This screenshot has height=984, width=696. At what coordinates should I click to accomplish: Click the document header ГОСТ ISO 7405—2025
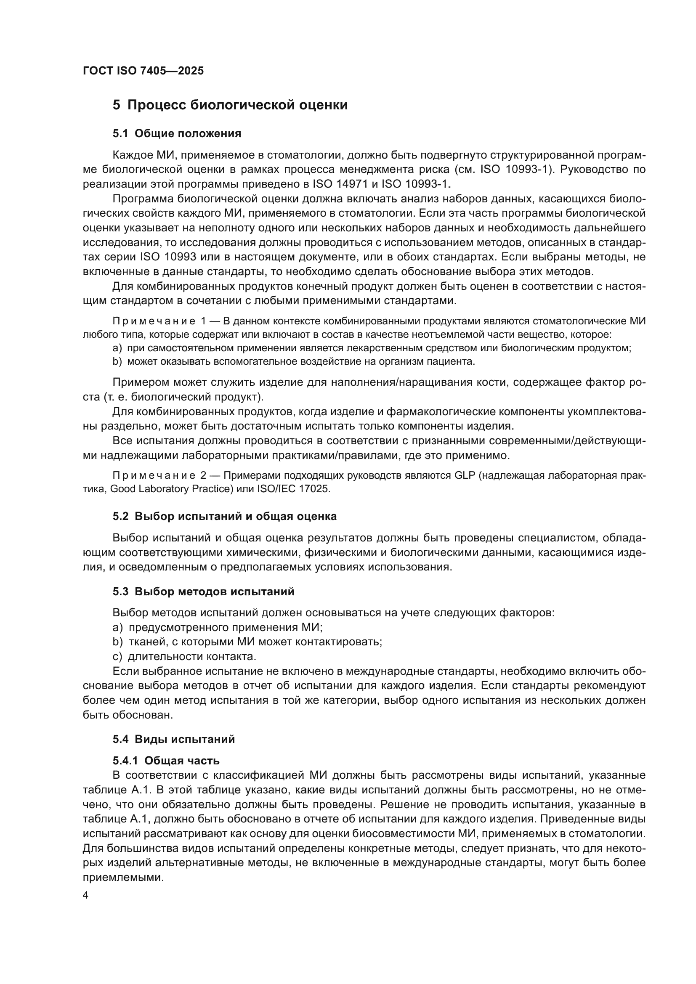pos(143,71)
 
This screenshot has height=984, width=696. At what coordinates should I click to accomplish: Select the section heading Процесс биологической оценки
pos(230,105)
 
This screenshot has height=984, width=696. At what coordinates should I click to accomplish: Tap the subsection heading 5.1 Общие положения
pos(177,134)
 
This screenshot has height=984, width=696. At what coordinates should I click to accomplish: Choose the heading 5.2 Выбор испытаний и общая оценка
pos(225,517)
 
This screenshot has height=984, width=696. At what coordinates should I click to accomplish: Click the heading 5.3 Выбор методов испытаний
pos(204,592)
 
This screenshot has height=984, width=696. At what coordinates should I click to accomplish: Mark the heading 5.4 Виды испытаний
pos(173,739)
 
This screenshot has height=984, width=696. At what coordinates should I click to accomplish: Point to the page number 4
pos(86,896)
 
